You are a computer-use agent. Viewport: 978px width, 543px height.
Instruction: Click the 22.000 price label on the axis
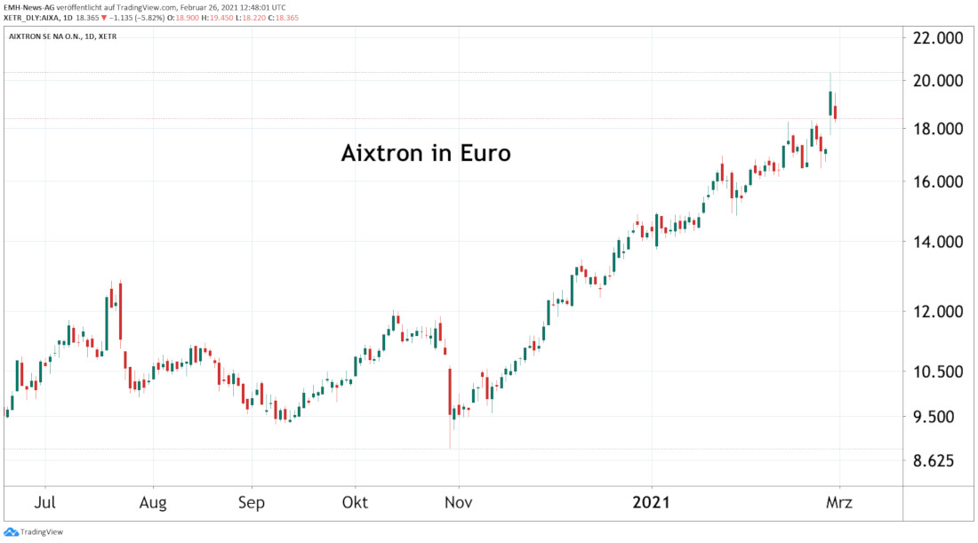(x=938, y=38)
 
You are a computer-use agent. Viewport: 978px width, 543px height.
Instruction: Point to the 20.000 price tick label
(x=938, y=81)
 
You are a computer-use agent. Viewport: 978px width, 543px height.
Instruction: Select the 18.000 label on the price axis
(x=938, y=130)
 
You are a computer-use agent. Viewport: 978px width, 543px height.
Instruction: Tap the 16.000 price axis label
(x=938, y=181)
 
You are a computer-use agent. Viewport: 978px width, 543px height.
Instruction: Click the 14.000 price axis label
(x=938, y=242)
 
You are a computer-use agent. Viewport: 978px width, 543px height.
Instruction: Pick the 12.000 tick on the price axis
(x=938, y=312)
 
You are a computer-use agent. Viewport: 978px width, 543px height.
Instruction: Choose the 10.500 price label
(x=938, y=371)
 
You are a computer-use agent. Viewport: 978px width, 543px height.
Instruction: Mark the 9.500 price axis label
(x=938, y=417)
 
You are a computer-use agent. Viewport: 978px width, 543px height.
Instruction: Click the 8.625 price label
(x=938, y=461)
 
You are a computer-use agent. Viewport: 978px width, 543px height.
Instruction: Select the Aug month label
(x=154, y=503)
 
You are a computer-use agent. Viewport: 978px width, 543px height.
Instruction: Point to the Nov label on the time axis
(x=459, y=503)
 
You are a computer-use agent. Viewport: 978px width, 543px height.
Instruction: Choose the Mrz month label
(x=838, y=503)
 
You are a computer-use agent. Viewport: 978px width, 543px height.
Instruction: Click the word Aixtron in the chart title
(x=378, y=153)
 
